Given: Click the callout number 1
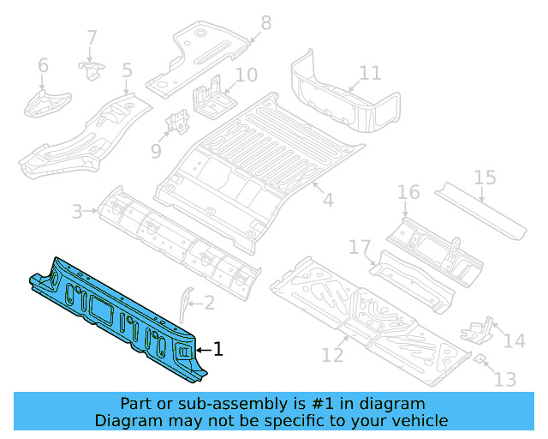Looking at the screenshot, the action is pyautogui.click(x=218, y=349).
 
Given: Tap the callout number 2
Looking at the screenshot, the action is pyautogui.click(x=210, y=303).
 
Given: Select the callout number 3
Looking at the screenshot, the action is pyautogui.click(x=76, y=211).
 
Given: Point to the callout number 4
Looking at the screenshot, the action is pyautogui.click(x=327, y=201).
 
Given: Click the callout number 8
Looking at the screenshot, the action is pyautogui.click(x=265, y=22).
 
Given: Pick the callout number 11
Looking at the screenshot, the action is pyautogui.click(x=370, y=73).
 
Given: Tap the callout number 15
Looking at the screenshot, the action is pyautogui.click(x=485, y=177).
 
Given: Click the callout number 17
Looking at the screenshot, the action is pyautogui.click(x=359, y=248).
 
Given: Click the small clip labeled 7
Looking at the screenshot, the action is pyautogui.click(x=90, y=66).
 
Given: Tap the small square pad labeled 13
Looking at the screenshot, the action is pyautogui.click(x=480, y=357).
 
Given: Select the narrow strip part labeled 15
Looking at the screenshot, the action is pyautogui.click(x=479, y=210).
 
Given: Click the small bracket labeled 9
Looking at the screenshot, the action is pyautogui.click(x=179, y=123).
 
